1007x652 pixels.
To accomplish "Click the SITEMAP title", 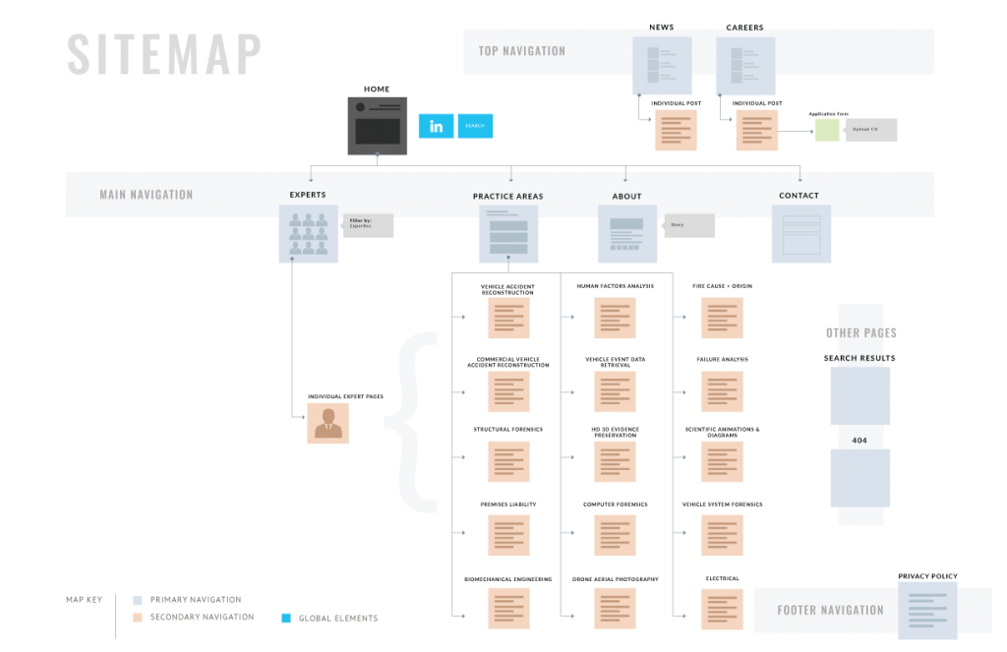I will point(164,54).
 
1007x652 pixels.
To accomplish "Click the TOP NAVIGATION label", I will point(521,51).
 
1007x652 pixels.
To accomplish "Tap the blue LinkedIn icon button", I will point(436,126).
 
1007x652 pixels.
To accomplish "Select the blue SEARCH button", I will point(475,126).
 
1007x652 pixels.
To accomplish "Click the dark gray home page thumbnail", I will point(377,126).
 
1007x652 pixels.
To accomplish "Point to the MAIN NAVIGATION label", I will point(147,195).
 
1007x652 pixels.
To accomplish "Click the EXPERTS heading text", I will point(308,195).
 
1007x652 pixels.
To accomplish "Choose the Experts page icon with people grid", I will point(308,234).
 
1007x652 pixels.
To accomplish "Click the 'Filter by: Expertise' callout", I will point(368,226).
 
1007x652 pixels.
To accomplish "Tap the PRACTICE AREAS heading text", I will point(507,196).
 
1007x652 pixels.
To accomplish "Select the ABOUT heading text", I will point(626,196).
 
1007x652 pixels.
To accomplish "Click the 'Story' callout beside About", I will point(688,226).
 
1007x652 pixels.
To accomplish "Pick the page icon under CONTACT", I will point(800,234).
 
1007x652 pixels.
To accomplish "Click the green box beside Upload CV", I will point(828,130).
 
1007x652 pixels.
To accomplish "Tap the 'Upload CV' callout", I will point(871,130).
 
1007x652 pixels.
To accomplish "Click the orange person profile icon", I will point(327,423).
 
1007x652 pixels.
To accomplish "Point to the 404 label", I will point(859,440).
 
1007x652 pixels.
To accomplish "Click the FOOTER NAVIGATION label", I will point(830,610).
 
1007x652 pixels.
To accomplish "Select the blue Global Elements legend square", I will point(286,619).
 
